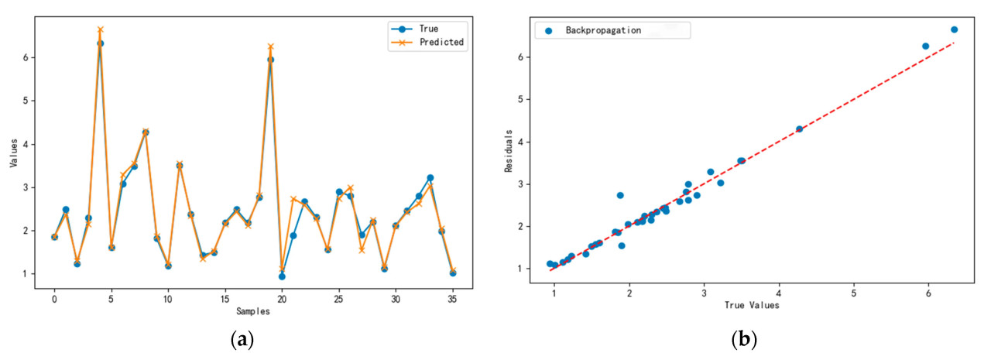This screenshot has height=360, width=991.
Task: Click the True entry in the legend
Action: click(x=428, y=29)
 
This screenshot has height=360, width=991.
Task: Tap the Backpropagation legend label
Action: click(x=609, y=30)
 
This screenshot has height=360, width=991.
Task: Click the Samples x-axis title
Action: click(x=253, y=310)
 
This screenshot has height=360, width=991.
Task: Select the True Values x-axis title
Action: click(x=751, y=305)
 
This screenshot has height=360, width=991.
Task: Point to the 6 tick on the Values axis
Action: click(x=26, y=58)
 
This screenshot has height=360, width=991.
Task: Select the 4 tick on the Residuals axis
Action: click(x=523, y=142)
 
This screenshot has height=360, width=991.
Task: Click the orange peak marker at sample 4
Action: click(x=100, y=29)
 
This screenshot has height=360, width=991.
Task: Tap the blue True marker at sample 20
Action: click(x=282, y=276)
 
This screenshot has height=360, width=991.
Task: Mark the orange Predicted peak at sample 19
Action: click(x=270, y=46)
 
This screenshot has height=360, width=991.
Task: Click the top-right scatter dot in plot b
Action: click(x=954, y=29)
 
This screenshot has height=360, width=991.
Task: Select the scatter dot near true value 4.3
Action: click(x=799, y=129)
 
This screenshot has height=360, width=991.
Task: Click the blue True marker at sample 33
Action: click(x=430, y=178)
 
